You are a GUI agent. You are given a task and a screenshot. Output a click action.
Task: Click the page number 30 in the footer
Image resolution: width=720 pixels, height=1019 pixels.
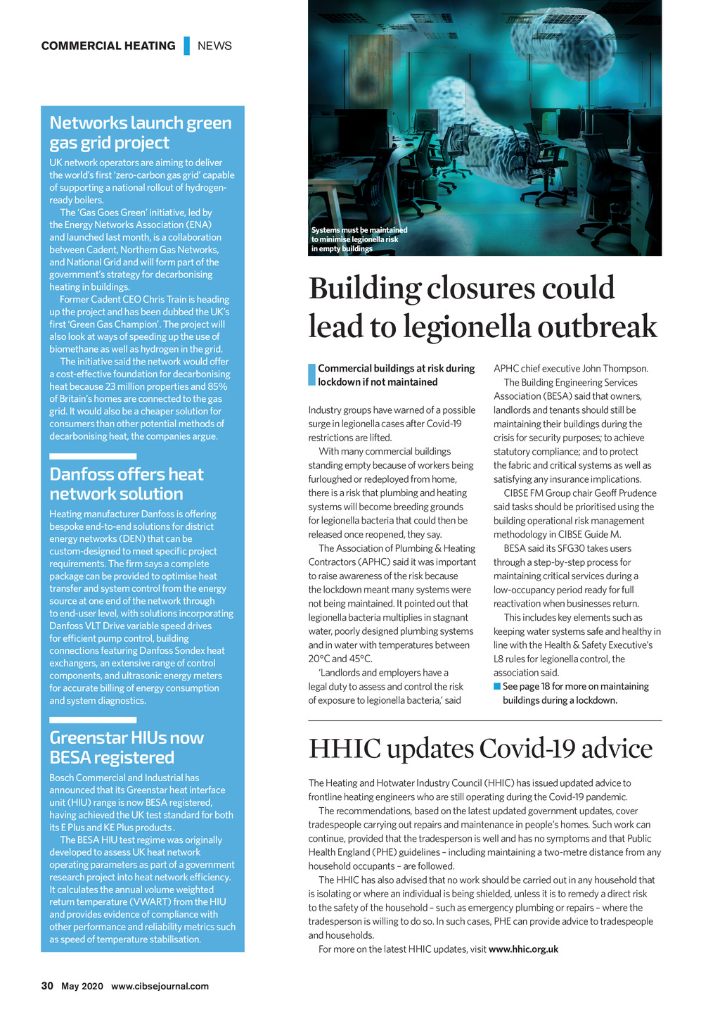(47, 986)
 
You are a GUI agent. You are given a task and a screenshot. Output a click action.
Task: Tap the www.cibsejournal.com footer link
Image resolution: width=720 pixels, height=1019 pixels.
(160, 986)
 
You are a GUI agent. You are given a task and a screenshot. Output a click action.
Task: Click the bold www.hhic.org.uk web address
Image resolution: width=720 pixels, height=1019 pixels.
(523, 949)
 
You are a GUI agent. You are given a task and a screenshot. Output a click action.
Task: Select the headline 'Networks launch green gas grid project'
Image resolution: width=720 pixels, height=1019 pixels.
(140, 133)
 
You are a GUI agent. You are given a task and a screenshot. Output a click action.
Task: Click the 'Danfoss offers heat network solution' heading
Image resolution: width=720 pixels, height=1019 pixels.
(127, 484)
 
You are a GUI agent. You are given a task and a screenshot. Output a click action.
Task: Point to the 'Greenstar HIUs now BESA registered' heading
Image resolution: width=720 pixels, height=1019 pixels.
(127, 747)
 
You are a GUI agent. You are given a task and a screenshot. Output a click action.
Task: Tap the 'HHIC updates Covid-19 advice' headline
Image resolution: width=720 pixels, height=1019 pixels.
(480, 748)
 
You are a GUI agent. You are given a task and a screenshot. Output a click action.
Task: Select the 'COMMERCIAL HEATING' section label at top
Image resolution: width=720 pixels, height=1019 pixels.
(108, 46)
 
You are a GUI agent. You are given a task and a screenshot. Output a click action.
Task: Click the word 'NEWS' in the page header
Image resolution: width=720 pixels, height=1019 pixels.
(214, 46)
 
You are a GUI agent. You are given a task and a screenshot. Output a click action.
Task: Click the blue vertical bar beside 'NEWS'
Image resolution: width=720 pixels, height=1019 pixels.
(187, 46)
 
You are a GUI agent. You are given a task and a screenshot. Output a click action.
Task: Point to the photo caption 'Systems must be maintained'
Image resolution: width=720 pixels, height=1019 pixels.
(359, 230)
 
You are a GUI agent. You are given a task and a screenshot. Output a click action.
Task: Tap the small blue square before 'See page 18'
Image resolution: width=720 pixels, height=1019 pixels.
(497, 686)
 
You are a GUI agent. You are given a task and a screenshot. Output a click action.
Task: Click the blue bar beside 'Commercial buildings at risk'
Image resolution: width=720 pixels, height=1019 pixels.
(312, 375)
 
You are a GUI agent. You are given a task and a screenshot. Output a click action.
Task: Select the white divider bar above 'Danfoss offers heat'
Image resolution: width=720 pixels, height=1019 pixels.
(93, 457)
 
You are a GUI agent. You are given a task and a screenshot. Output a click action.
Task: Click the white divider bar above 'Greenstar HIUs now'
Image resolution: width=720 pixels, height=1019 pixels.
(93, 720)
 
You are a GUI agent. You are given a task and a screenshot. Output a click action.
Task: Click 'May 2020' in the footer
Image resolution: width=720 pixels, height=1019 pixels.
(82, 986)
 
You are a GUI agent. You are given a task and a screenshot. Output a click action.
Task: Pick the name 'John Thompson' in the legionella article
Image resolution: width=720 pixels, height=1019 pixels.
(615, 369)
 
